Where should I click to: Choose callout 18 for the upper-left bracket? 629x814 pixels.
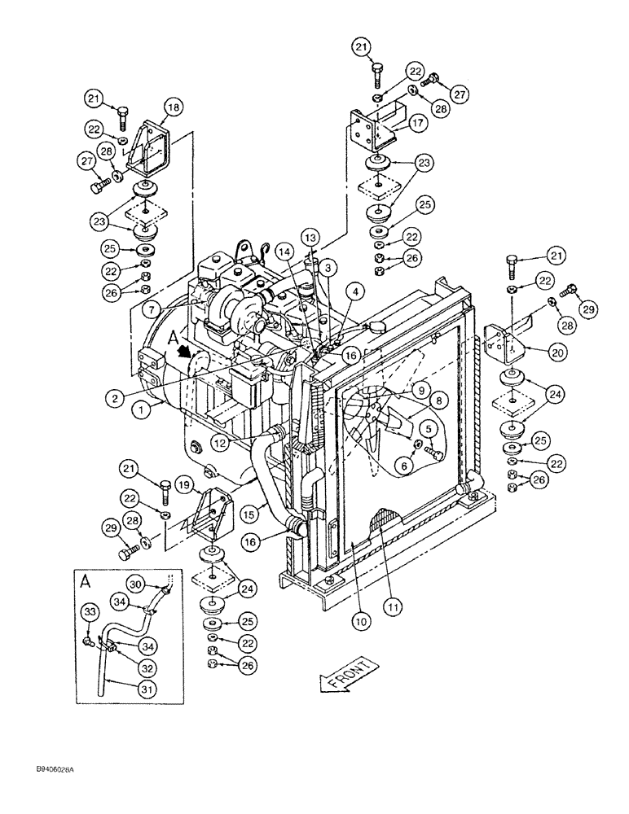point(174,107)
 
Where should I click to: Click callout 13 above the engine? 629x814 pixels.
point(309,236)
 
